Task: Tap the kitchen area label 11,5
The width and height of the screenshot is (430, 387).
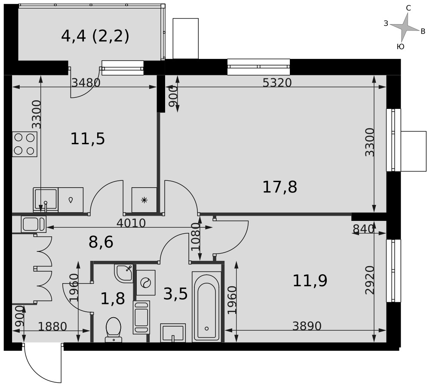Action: [x=88, y=139]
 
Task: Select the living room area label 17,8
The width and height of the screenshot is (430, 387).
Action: [x=280, y=187]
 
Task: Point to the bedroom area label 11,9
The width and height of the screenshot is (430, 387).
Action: [x=310, y=281]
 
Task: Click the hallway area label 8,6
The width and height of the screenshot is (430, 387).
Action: [x=101, y=242]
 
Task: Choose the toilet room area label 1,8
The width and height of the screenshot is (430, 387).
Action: [x=113, y=299]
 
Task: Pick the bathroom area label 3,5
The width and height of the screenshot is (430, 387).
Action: [x=175, y=294]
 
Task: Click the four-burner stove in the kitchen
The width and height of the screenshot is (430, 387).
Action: [x=25, y=144]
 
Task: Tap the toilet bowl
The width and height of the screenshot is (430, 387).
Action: [x=114, y=330]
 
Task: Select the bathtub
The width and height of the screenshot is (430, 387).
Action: [x=206, y=307]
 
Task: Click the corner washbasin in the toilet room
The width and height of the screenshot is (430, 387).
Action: [x=124, y=273]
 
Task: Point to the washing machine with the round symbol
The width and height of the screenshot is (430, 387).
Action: [x=146, y=283]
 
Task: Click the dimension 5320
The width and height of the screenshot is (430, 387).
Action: [x=277, y=82]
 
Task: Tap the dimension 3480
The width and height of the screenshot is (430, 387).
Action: [x=86, y=82]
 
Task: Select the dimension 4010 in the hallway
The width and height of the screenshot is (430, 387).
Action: [x=131, y=223]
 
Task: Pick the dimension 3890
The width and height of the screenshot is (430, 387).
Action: [x=307, y=326]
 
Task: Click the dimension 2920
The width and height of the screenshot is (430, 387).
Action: [x=370, y=280]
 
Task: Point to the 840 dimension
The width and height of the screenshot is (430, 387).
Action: [x=363, y=229]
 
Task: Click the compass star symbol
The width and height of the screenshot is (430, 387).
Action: [x=405, y=27]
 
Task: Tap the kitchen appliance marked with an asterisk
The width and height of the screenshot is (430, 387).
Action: [x=144, y=200]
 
